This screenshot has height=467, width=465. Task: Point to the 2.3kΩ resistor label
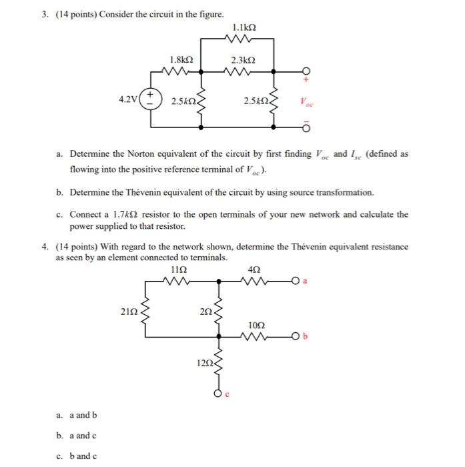point(245,59)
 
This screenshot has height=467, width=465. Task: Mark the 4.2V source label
point(128,99)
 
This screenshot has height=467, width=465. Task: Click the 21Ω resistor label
point(129,310)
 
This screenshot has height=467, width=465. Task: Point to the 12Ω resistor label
point(204,363)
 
